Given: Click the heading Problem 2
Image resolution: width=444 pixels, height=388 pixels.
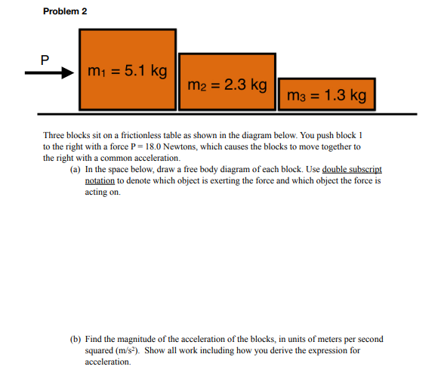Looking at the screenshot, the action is point(66,12).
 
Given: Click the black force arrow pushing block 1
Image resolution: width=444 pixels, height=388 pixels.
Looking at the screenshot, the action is point(48,73).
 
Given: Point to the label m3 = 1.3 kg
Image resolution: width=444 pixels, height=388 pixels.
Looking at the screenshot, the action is point(327,95).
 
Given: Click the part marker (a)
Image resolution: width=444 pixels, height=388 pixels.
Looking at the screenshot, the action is point(75,170).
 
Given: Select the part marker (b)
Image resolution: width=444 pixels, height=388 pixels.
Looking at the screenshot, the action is point(75,340).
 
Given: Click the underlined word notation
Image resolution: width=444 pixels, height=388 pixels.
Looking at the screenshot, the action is point(100,181).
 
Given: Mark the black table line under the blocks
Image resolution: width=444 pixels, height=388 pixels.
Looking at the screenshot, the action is point(227,114).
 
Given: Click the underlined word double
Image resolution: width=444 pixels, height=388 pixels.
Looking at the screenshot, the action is point(333,170).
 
